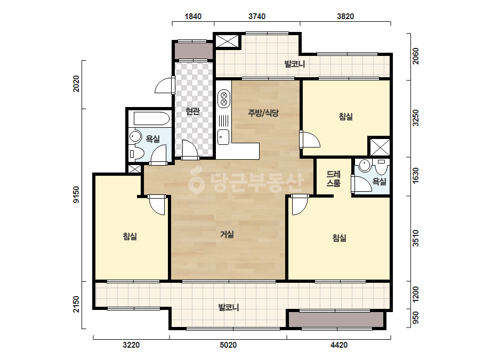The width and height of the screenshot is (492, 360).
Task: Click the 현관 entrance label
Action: (192, 111)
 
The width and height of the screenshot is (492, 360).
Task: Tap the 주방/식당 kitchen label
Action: (263, 112)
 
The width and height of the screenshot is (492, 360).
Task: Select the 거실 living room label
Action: (227, 234)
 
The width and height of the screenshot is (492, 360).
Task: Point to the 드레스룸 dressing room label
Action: (333, 178)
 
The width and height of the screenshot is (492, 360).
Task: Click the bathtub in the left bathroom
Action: (151, 119)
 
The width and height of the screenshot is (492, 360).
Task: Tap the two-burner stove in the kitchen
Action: (224, 99)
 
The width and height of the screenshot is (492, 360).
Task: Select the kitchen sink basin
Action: (223, 137)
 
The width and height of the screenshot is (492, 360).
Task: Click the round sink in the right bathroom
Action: (365, 165)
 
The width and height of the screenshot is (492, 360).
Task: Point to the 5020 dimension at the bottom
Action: (228, 345)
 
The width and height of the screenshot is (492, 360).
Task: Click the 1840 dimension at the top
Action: (193, 17)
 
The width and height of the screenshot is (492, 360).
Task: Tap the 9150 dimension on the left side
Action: (76, 194)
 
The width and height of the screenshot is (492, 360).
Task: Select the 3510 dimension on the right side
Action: (415, 239)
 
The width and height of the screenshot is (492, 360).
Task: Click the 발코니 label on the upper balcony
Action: (295, 64)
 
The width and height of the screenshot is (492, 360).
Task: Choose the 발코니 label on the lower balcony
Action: (229, 307)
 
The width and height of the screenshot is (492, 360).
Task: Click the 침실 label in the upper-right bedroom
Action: (346, 117)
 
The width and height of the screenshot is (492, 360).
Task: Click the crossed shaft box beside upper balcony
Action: (227, 41)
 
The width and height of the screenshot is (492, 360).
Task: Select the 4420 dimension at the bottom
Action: (339, 345)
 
